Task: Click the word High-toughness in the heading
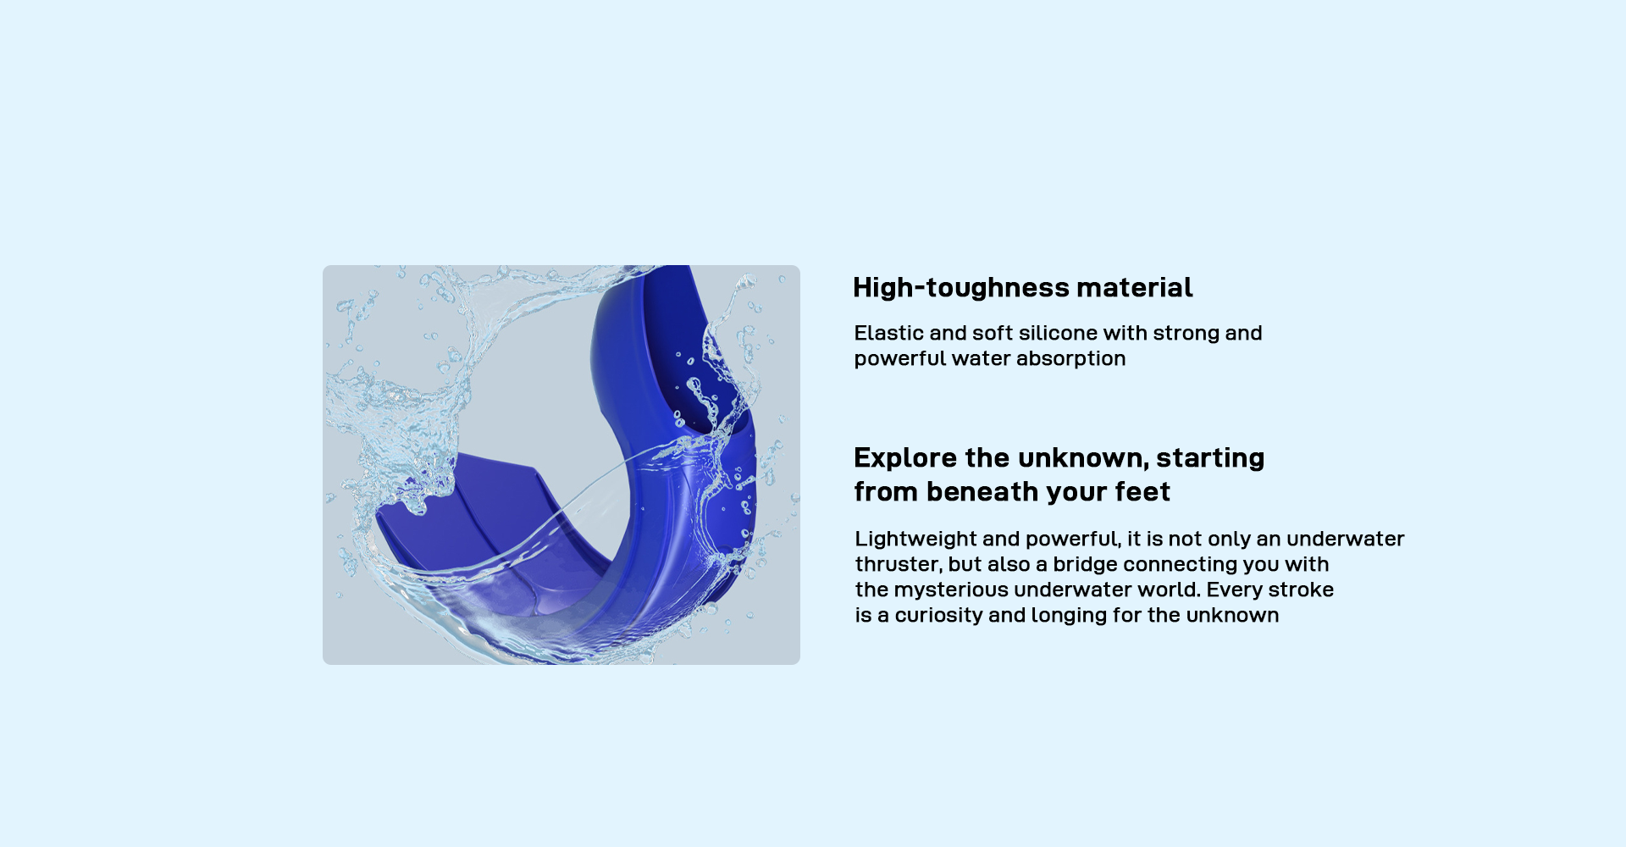click(x=961, y=288)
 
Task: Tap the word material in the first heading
click(x=1135, y=287)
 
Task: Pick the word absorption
click(x=1070, y=359)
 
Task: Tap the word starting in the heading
click(x=1210, y=458)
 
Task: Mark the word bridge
click(x=1085, y=565)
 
